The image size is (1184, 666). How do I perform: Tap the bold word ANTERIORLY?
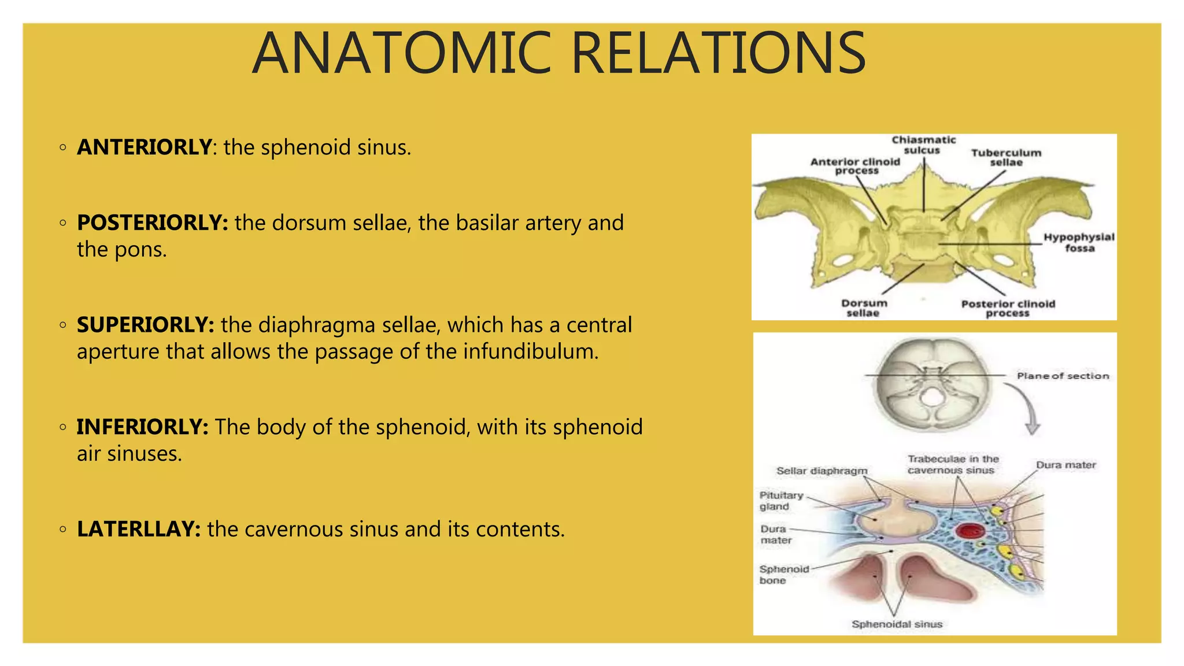click(x=144, y=147)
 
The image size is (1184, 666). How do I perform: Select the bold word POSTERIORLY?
click(x=152, y=223)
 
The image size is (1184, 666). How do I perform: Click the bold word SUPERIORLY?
click(x=145, y=325)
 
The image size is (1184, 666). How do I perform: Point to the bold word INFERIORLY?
click(x=142, y=427)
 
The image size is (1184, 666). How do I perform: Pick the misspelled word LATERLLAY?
click(x=139, y=530)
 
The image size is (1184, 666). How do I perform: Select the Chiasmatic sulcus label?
click(x=923, y=145)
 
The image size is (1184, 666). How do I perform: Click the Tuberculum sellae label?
click(x=1006, y=157)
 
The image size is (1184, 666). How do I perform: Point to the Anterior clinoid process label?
click(x=855, y=166)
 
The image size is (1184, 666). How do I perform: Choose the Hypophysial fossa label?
click(x=1079, y=242)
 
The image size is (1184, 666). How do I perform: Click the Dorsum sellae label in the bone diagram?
click(x=864, y=308)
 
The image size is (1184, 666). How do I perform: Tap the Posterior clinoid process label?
click(x=1008, y=308)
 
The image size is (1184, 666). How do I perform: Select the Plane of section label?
click(x=1063, y=376)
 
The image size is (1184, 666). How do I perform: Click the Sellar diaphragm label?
click(x=822, y=471)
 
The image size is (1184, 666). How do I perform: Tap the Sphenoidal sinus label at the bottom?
click(x=897, y=624)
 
